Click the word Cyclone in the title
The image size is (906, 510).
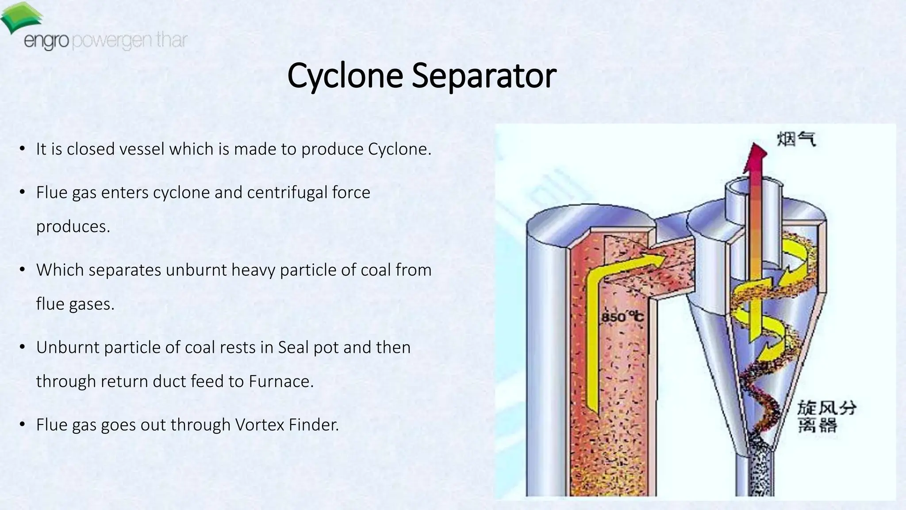(x=345, y=76)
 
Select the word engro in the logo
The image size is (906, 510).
(x=46, y=41)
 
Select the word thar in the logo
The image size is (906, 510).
(x=171, y=40)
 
